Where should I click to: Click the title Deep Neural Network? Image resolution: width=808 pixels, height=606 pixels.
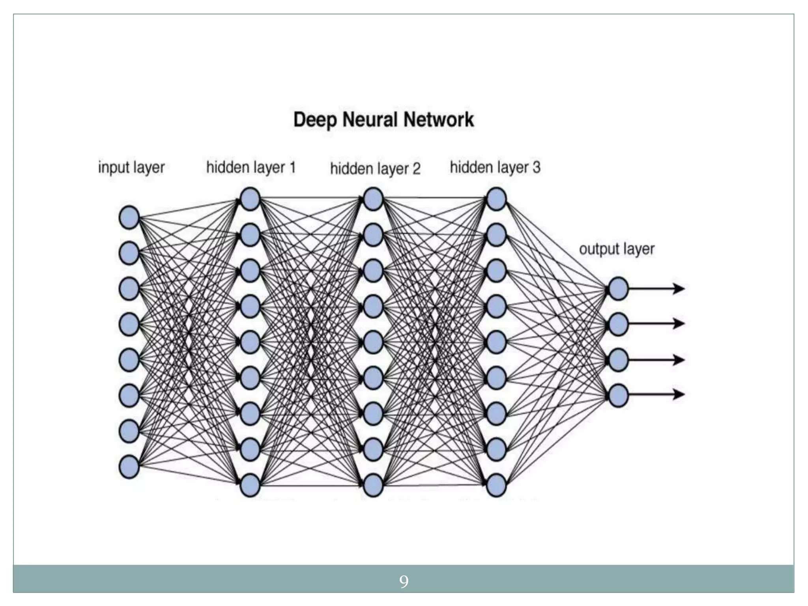tap(383, 120)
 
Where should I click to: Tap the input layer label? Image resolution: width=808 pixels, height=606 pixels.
tap(131, 168)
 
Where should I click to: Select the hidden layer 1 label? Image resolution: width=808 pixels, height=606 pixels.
tap(251, 168)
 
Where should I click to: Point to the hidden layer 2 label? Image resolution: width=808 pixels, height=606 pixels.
tap(375, 169)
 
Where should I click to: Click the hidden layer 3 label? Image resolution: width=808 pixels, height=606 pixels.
tap(495, 168)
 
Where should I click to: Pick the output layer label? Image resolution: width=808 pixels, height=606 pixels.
tap(617, 249)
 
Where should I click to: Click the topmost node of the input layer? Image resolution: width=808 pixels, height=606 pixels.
tap(129, 217)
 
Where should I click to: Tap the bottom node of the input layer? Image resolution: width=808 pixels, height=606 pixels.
tap(129, 467)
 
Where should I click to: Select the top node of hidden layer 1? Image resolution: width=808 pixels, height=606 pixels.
tap(250, 199)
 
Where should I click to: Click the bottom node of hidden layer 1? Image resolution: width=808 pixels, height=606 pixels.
tap(250, 485)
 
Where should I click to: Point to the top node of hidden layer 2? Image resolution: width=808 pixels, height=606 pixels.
tap(373, 199)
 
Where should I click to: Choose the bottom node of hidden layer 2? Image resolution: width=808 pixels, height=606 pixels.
tap(373, 485)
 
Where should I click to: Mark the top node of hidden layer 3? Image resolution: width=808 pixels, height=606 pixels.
tap(496, 199)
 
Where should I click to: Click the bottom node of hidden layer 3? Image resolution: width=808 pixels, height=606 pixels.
tap(496, 485)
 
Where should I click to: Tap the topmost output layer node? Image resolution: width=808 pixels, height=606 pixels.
tap(618, 289)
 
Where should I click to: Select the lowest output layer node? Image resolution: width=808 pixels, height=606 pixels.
tap(618, 395)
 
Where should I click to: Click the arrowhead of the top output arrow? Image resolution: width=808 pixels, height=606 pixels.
tap(679, 289)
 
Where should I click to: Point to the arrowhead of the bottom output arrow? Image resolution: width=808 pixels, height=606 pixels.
tap(679, 394)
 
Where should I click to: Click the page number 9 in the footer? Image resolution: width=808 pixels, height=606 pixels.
tap(404, 582)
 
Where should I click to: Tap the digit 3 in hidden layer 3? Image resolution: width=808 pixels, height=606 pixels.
tap(536, 168)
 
